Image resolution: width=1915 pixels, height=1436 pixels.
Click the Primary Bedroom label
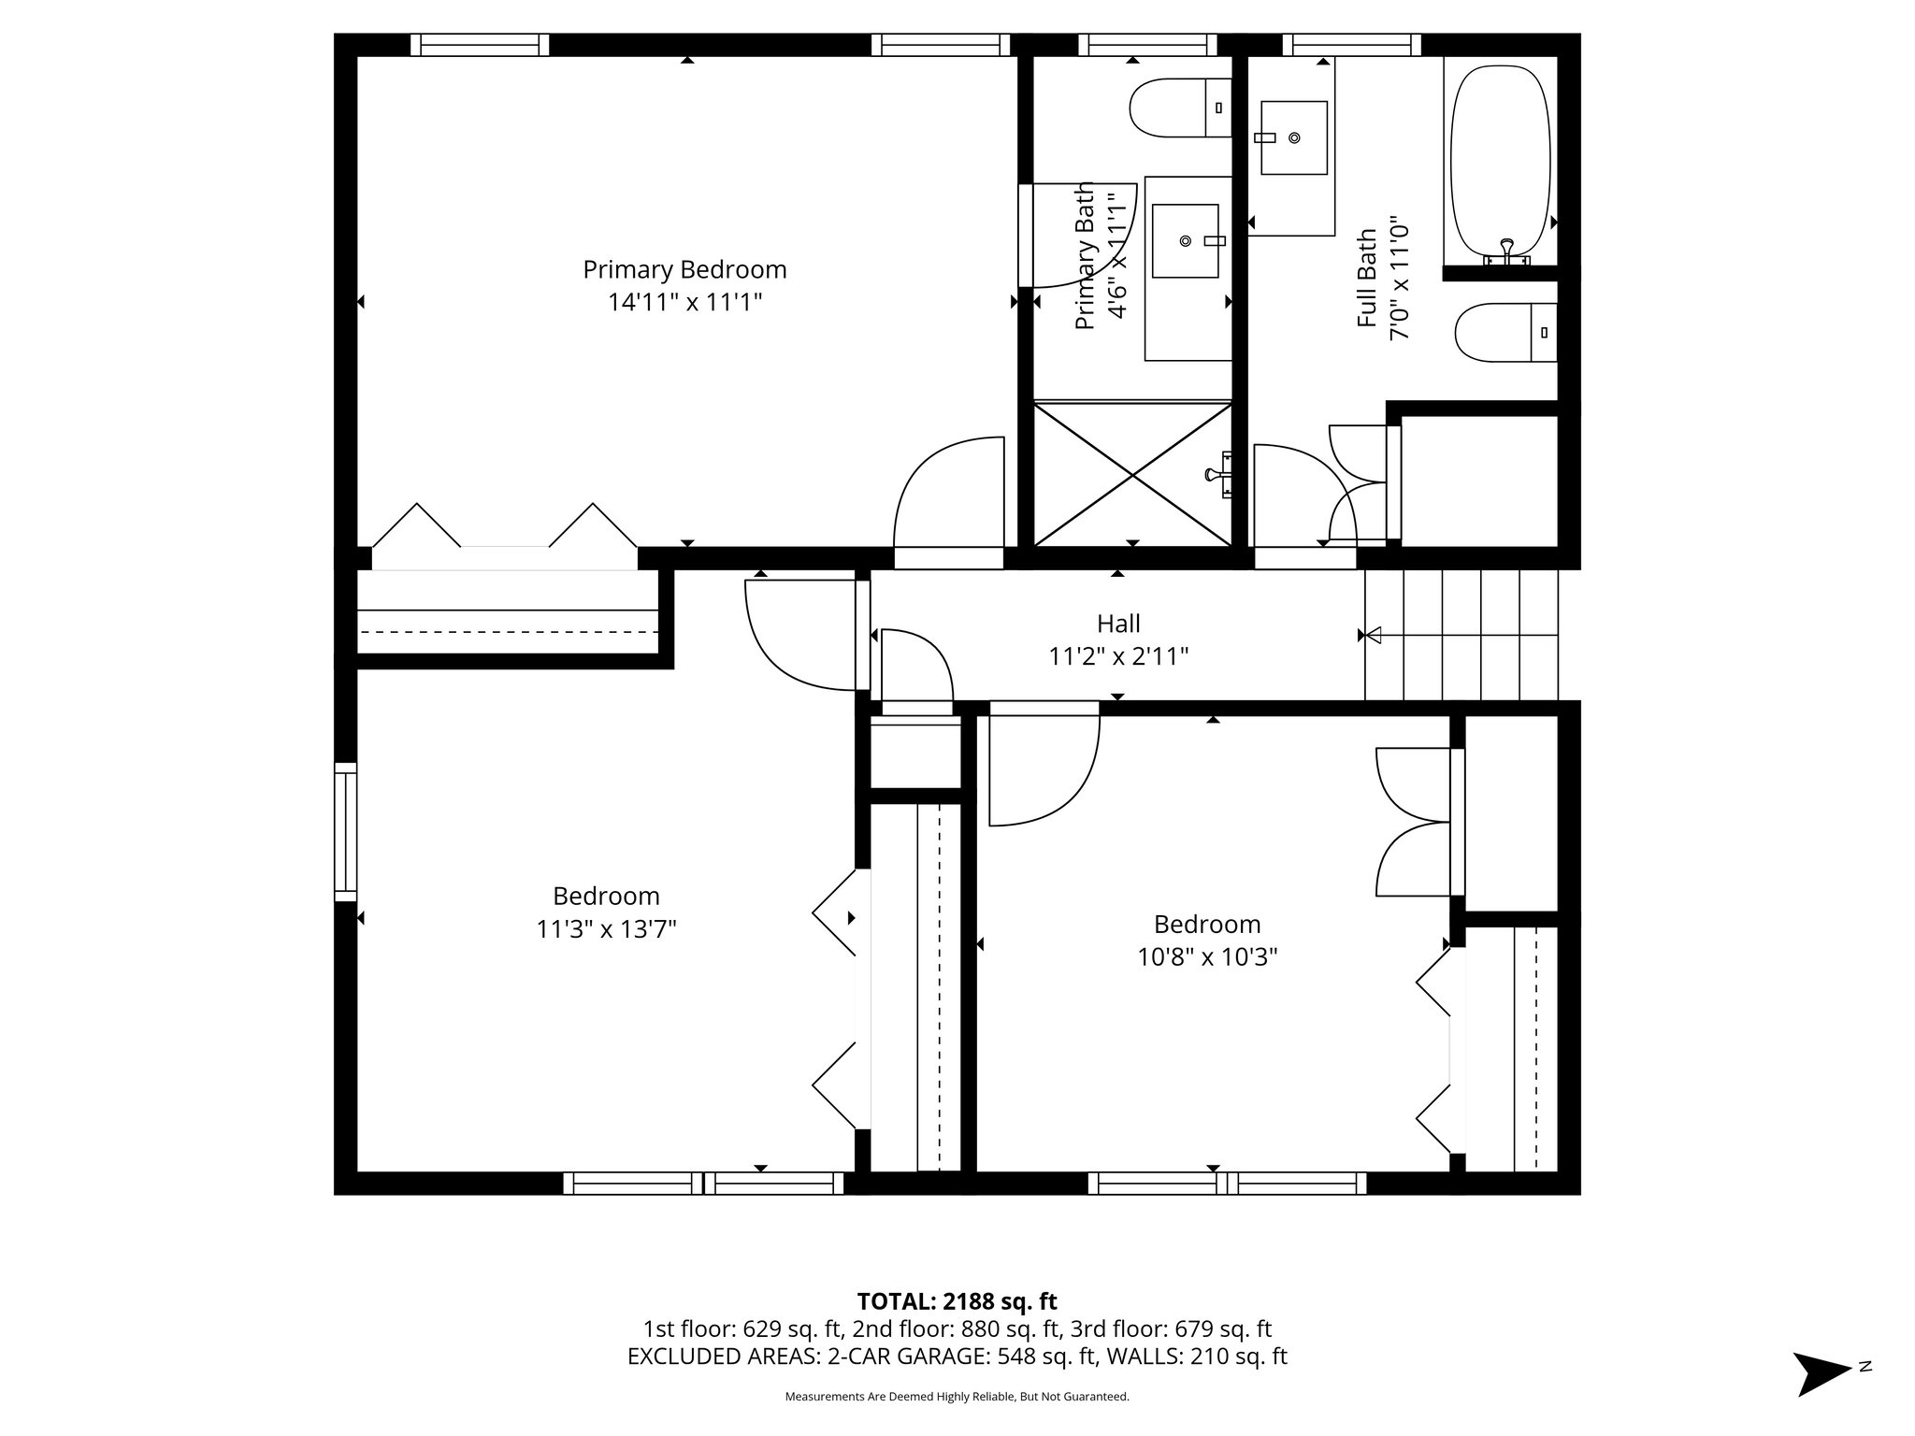pyautogui.click(x=684, y=269)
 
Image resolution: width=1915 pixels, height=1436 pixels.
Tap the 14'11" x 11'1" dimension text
pyautogui.click(x=684, y=303)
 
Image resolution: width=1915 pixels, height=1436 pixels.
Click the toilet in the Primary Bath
pyautogui.click(x=1180, y=108)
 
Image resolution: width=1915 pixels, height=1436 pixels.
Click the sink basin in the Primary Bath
pyautogui.click(x=1186, y=241)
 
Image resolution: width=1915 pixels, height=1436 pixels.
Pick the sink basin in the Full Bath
pyautogui.click(x=1294, y=137)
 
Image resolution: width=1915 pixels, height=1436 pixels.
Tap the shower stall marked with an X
pyautogui.click(x=1133, y=475)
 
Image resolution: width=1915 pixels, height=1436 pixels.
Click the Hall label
pyautogui.click(x=1118, y=623)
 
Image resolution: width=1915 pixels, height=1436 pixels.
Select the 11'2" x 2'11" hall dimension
pyautogui.click(x=1118, y=656)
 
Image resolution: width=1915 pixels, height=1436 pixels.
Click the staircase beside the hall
pyautogui.click(x=1461, y=636)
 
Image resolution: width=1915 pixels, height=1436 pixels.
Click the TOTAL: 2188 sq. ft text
pyautogui.click(x=957, y=1301)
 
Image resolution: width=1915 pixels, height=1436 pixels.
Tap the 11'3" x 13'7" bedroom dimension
pyautogui.click(x=606, y=929)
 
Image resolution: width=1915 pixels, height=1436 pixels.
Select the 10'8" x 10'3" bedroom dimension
pyautogui.click(x=1207, y=957)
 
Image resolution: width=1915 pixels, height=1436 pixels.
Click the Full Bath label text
pyautogui.click(x=1367, y=278)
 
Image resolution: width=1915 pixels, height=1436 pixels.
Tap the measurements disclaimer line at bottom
pyautogui.click(x=957, y=1397)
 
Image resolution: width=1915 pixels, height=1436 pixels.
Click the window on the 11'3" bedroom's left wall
pyautogui.click(x=346, y=832)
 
